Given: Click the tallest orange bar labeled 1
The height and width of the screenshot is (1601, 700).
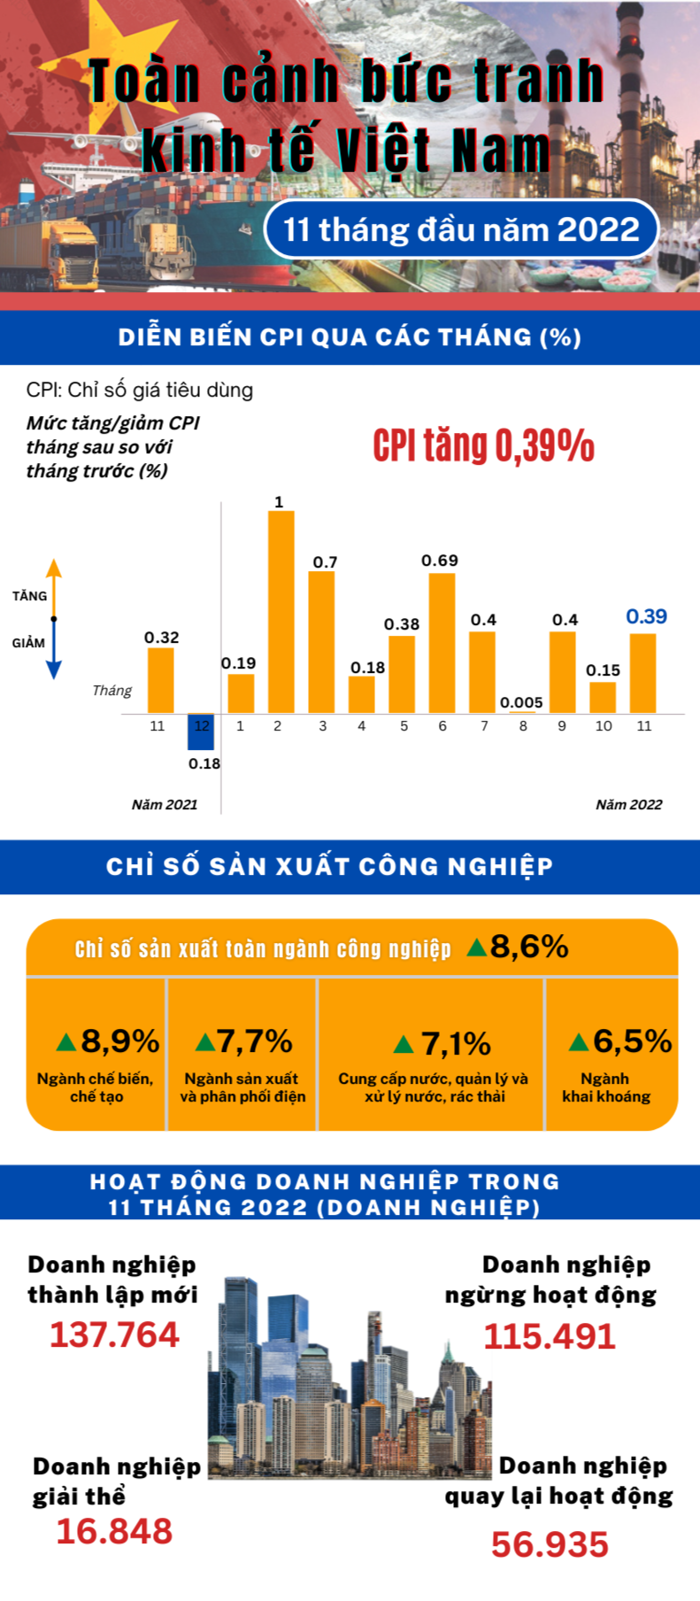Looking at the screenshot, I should [x=281, y=611].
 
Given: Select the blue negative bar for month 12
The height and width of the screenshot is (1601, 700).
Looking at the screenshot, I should [x=201, y=731].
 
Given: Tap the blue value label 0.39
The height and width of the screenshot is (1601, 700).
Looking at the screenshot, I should [x=646, y=617].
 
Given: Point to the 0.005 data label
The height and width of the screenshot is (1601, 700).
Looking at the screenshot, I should [x=521, y=702].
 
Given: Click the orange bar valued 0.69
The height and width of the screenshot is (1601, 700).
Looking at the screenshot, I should [x=442, y=643].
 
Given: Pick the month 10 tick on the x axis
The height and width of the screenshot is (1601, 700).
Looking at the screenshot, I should [x=604, y=726].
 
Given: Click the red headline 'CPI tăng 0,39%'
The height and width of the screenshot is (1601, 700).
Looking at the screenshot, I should [x=483, y=445].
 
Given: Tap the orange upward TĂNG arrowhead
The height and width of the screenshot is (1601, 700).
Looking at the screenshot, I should [x=54, y=568].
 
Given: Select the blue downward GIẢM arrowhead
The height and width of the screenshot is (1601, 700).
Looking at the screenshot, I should [x=54, y=669].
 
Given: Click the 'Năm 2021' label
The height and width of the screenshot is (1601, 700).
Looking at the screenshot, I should [x=165, y=805].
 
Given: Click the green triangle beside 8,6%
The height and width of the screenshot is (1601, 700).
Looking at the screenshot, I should [x=476, y=947].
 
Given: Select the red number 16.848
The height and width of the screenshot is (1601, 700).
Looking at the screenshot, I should [x=114, y=1531].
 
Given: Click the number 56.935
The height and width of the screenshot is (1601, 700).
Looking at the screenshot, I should [x=550, y=1544].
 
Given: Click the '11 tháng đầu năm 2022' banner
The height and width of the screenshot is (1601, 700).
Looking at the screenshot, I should [x=461, y=230].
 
